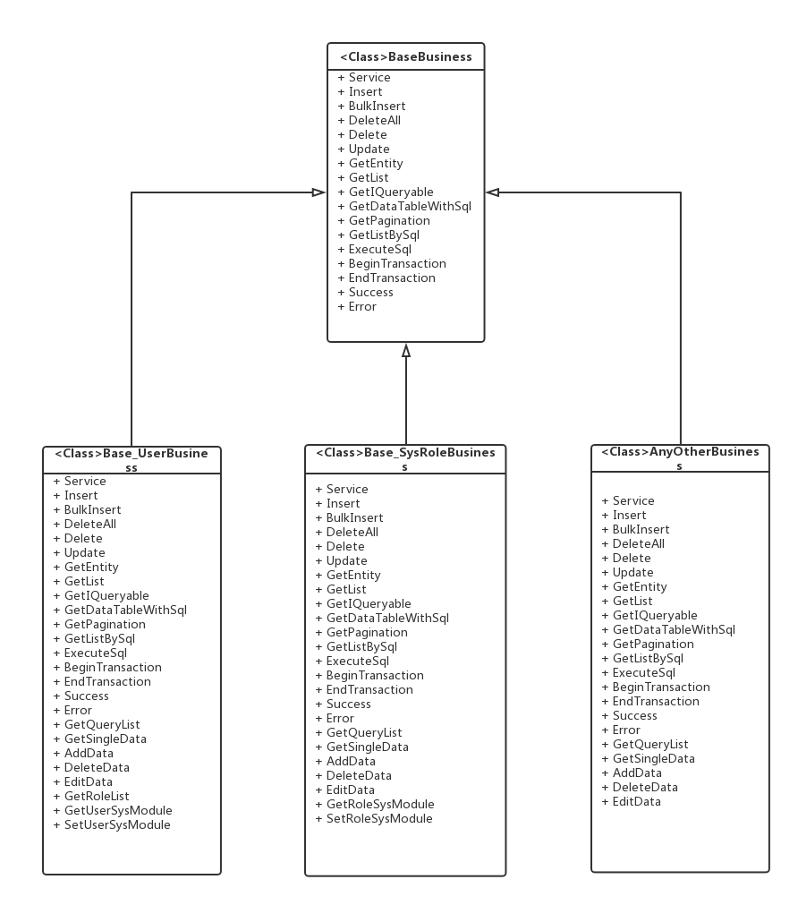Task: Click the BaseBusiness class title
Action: click(405, 57)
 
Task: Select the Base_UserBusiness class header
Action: click(132, 459)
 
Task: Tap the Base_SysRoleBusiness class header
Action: click(405, 459)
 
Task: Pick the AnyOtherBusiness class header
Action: click(680, 458)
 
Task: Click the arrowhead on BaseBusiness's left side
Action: click(318, 192)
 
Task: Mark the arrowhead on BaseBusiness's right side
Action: click(493, 192)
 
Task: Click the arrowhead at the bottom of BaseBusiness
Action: click(406, 351)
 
